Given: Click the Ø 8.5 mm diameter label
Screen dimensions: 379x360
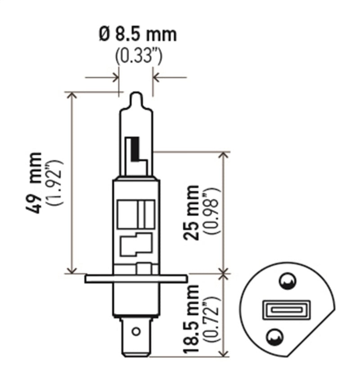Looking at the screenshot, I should tap(137, 35).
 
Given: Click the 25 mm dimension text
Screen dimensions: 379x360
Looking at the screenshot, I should tap(192, 212).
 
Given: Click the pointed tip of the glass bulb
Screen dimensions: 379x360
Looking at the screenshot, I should tap(136, 96).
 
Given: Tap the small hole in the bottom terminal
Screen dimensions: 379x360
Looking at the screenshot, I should tap(135, 332).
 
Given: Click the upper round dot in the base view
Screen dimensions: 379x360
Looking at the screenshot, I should tap(286, 282).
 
